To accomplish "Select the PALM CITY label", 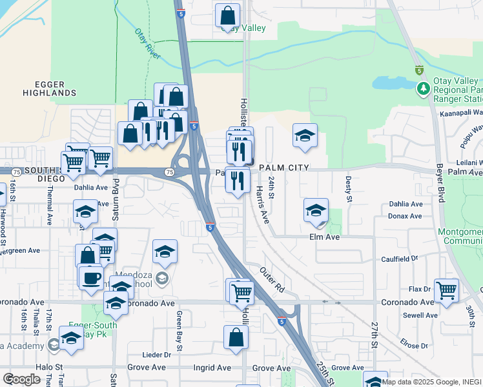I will click(283, 168).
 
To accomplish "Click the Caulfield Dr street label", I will click(418, 257).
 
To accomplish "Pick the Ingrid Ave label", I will click(212, 368).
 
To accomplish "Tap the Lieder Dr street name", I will click(158, 355).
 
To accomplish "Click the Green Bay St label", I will click(179, 329).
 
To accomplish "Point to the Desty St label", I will click(347, 188).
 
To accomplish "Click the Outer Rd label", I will click(272, 278).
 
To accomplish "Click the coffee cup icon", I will click(91, 277).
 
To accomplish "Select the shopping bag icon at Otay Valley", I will click(227, 15).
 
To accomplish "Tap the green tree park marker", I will click(424, 88).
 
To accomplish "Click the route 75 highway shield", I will click(169, 172).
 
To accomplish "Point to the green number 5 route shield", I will click(419, 70).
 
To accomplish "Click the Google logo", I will click(22, 379).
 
